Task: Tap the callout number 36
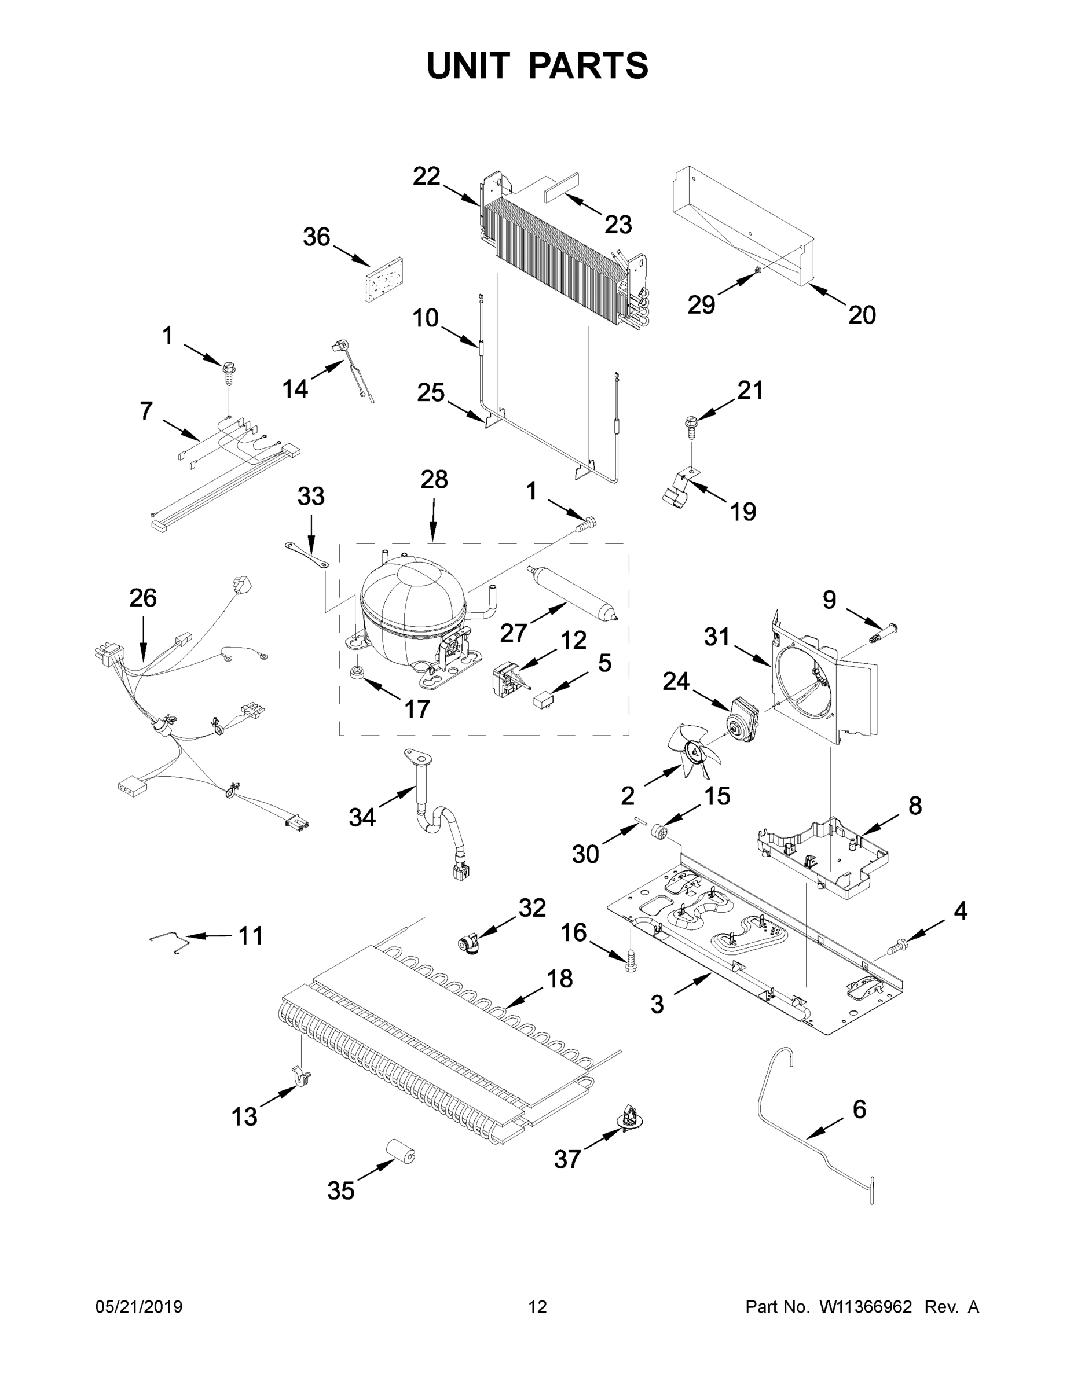[316, 238]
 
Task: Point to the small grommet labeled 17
[358, 673]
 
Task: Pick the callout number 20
[862, 314]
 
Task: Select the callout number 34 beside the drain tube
[362, 817]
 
